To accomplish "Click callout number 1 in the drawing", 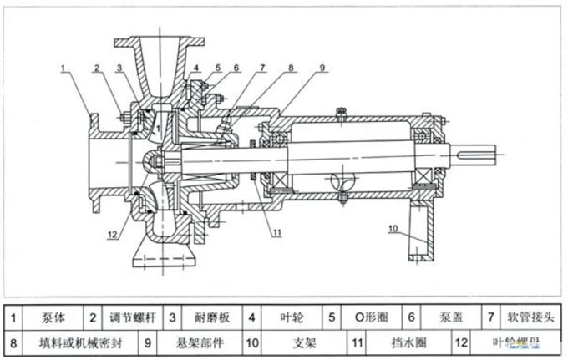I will (x=63, y=66).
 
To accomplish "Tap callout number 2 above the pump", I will (x=97, y=67).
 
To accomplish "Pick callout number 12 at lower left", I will (x=113, y=234).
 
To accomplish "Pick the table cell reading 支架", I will (x=292, y=342).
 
